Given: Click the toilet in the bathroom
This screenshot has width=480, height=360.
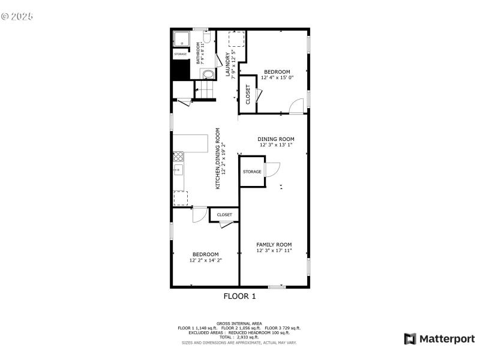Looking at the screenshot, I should pyautogui.click(x=206, y=38).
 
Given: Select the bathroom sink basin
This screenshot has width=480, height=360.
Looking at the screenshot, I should pyautogui.click(x=208, y=75).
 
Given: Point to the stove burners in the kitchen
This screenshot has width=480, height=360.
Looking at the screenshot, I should pyautogui.click(x=178, y=157).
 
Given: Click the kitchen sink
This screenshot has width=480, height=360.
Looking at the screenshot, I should pyautogui.click(x=178, y=170).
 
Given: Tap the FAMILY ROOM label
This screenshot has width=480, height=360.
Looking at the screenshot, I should pyautogui.click(x=274, y=244).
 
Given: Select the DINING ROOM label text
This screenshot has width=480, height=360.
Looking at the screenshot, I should pyautogui.click(x=276, y=139).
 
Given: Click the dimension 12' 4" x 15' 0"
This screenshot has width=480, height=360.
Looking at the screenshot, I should pyautogui.click(x=277, y=77).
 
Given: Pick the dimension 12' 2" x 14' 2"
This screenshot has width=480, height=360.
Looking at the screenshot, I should pyautogui.click(x=205, y=260).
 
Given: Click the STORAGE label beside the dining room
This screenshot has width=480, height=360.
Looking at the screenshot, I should pyautogui.click(x=252, y=172).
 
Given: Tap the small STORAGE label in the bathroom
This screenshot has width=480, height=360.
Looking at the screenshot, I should pyautogui.click(x=181, y=54).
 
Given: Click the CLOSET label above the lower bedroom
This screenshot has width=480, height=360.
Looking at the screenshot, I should pyautogui.click(x=224, y=214).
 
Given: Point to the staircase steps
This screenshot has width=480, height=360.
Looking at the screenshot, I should pyautogui.click(x=206, y=91).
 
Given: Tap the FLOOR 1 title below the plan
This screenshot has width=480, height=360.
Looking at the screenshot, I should pyautogui.click(x=239, y=296).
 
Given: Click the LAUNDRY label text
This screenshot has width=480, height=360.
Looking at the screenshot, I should pyautogui.click(x=227, y=64).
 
